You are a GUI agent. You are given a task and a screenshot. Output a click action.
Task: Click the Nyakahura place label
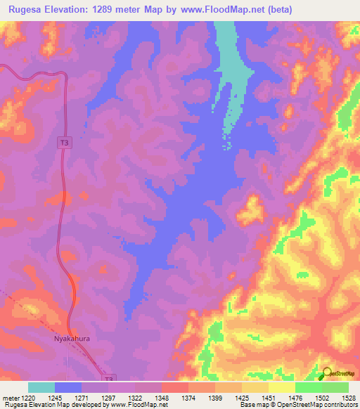[72, 338]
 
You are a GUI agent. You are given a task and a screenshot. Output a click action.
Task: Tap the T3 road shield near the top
[64, 143]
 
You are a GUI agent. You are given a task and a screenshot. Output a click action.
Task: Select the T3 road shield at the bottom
[108, 379]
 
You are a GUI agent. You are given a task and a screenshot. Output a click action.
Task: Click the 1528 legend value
[348, 398]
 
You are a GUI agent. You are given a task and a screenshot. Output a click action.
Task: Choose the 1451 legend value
[268, 398]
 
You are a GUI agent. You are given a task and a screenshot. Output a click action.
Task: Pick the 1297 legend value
[108, 398]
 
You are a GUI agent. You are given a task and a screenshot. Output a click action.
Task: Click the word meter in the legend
[11, 398]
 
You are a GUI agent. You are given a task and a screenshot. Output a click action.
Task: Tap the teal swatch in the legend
[41, 387]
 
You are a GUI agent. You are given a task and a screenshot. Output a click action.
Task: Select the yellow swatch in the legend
[282, 387]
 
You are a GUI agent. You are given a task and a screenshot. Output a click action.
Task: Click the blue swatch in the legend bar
[68, 387]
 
